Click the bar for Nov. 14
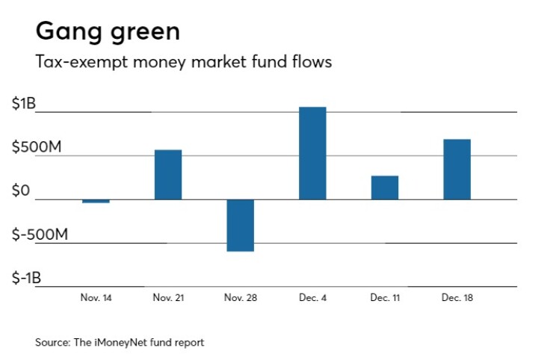(x=96, y=201)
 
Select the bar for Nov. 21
(x=168, y=175)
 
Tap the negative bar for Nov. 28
(x=241, y=225)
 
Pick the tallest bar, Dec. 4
(x=312, y=153)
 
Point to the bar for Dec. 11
(x=385, y=187)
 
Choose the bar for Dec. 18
(x=457, y=170)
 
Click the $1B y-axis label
(x=23, y=105)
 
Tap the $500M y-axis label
(x=36, y=148)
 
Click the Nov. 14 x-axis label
(x=96, y=297)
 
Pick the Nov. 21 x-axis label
(x=168, y=297)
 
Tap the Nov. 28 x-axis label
(x=241, y=297)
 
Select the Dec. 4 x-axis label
(x=312, y=297)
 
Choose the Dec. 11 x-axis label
(x=385, y=297)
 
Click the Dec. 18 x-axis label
(x=457, y=297)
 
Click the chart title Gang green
(x=108, y=32)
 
